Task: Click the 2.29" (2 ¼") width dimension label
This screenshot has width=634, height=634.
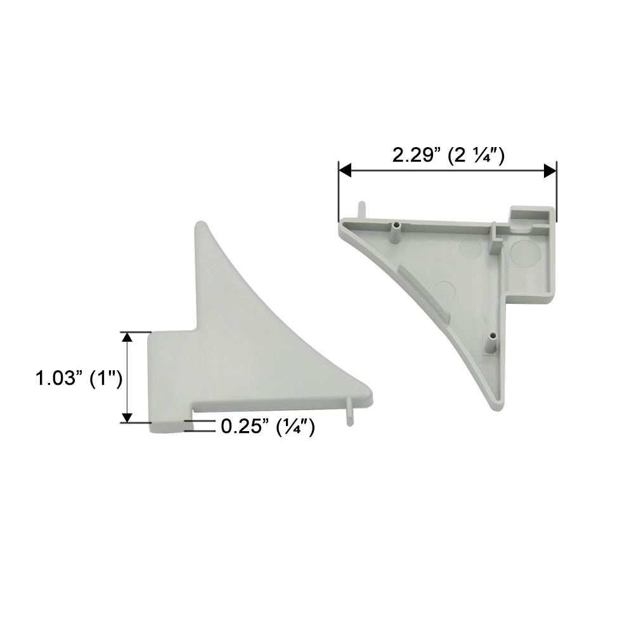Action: pos(448,155)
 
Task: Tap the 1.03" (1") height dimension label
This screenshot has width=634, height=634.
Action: pos(79,379)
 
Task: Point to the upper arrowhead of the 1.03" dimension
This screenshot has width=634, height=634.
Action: pos(127,338)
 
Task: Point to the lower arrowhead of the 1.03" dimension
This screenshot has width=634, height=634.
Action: pos(127,417)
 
